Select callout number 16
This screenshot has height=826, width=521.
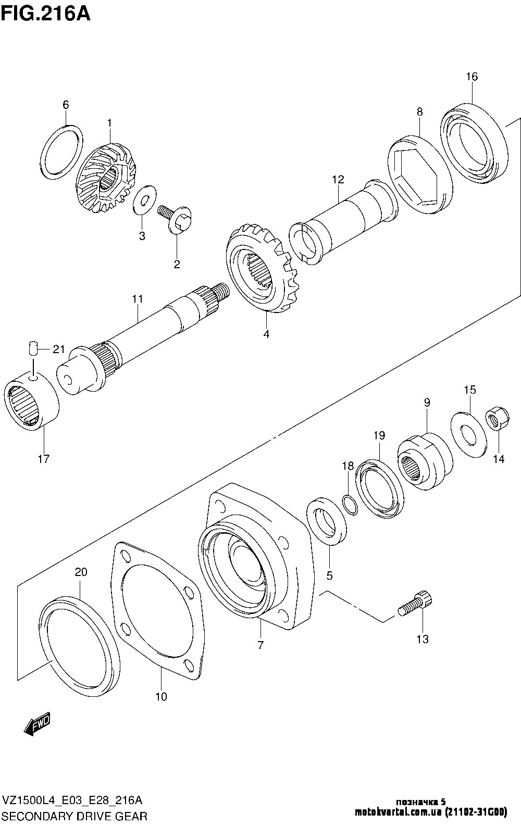coord(472,77)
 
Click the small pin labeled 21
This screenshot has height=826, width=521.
coord(33,348)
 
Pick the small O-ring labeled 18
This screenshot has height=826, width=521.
coord(350,505)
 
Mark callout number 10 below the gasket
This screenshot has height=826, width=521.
coord(161,696)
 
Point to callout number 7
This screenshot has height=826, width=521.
coord(260,645)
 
